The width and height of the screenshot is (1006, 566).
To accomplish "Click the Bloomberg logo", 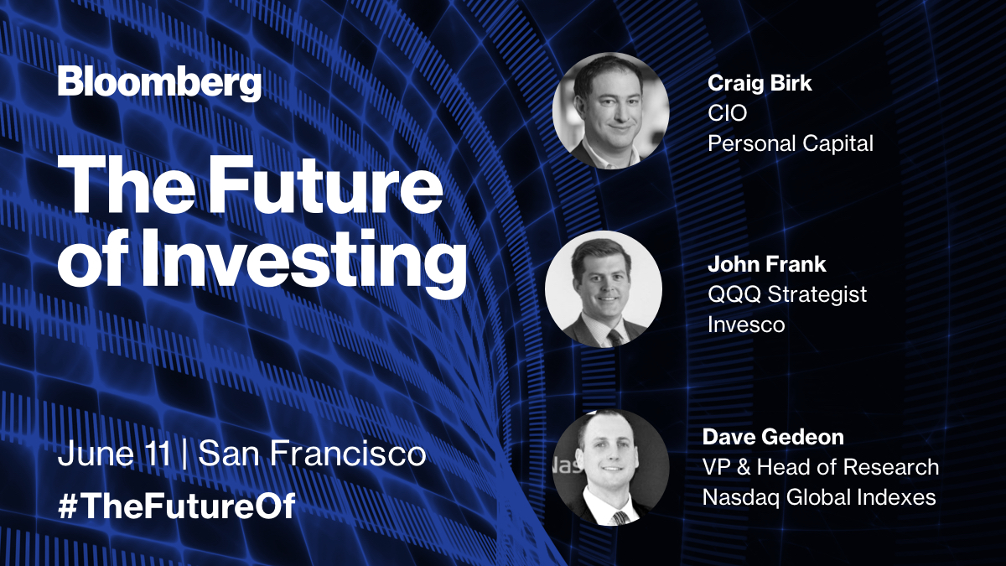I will (159, 85).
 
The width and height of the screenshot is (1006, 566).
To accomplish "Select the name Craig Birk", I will (761, 83).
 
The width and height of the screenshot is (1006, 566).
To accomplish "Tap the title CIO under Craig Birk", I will (727, 113).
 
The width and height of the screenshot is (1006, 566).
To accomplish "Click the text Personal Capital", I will (791, 143).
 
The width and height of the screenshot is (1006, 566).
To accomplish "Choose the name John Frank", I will (767, 265).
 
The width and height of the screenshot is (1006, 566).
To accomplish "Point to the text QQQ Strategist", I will (787, 294).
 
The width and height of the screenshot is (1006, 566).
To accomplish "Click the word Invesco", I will (746, 325).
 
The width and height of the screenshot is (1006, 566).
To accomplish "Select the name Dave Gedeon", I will (773, 437).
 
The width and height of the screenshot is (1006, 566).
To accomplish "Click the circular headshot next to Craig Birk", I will (610, 111).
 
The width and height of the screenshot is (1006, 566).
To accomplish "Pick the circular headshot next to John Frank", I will (604, 289).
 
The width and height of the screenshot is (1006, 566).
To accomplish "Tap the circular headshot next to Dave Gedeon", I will (611, 467).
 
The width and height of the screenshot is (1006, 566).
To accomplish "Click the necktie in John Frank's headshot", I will (615, 337).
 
